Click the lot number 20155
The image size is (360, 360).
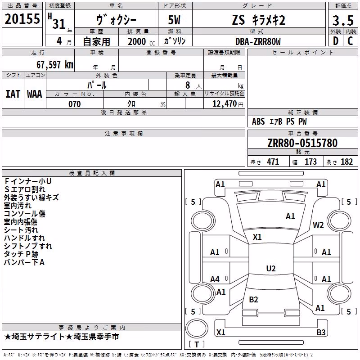pyautogui.click(x=22, y=19)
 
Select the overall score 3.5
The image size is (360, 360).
pyautogui.click(x=343, y=20)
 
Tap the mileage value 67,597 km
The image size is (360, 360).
pyautogui.click(x=55, y=65)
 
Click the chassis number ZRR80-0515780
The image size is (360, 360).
pyautogui.click(x=302, y=143)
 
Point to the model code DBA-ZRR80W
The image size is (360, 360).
pyautogui.click(x=258, y=41)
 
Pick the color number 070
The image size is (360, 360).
pyautogui.click(x=75, y=104)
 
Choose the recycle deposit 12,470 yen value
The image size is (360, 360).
pyautogui.click(x=228, y=104)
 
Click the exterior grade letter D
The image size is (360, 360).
pyautogui.click(x=336, y=41)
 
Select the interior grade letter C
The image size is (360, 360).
pyautogui.click(x=350, y=41)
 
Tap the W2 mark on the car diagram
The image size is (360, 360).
pyautogui.click(x=318, y=225)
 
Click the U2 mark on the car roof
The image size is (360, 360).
pyautogui.click(x=271, y=268)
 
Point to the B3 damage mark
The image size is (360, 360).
pyautogui.click(x=321, y=332)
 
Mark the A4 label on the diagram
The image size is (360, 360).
pyautogui.click(x=215, y=279)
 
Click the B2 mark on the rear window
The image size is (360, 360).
pyautogui.click(x=253, y=299)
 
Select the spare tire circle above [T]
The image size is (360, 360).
pyautogui.click(x=197, y=328)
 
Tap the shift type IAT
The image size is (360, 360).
pyautogui.click(x=13, y=94)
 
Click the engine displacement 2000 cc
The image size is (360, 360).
pyautogui.click(x=141, y=41)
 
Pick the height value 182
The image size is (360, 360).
pyautogui.click(x=346, y=162)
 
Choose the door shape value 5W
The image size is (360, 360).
pyautogui.click(x=174, y=20)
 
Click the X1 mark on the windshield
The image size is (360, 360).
pyautogui.click(x=257, y=237)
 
